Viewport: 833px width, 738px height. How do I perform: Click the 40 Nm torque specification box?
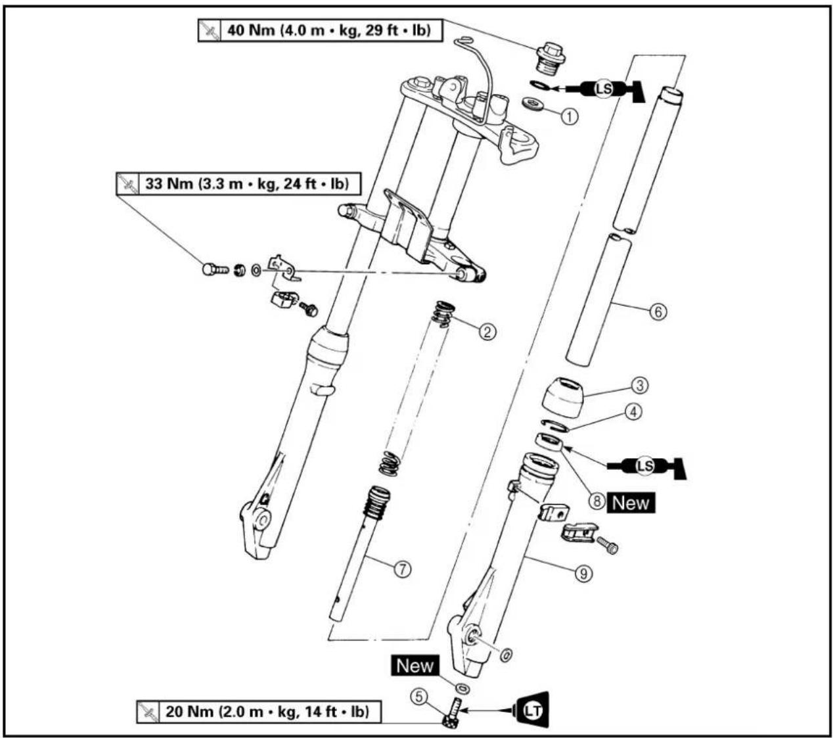pos(321,30)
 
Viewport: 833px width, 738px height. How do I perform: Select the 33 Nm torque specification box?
pos(238,183)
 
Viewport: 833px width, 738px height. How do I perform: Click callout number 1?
pos(570,116)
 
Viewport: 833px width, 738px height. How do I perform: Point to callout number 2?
pos(487,332)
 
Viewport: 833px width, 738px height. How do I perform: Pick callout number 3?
pos(639,386)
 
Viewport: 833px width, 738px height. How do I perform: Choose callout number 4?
pos(633,411)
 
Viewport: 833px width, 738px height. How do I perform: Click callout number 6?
pos(658,311)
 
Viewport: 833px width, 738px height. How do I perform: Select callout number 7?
pos(402,569)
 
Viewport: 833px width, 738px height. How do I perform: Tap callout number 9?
pos(583,574)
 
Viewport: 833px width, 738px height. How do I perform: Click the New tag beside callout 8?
pos(630,503)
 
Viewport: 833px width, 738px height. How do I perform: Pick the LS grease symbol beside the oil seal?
pos(646,466)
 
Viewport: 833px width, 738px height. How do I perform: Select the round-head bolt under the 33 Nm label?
pos(215,270)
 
